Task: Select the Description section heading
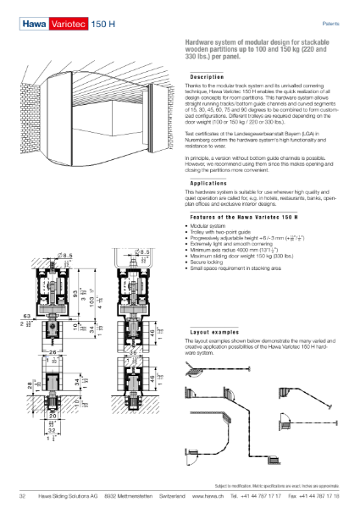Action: click(207, 77)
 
